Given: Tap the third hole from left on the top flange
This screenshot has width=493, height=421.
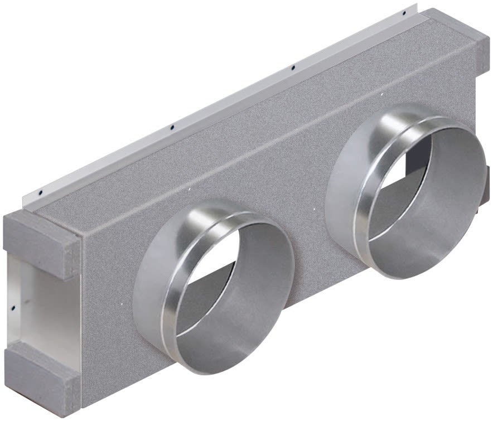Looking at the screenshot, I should click(293, 68).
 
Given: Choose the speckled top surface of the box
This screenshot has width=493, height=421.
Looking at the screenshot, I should click(234, 117).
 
